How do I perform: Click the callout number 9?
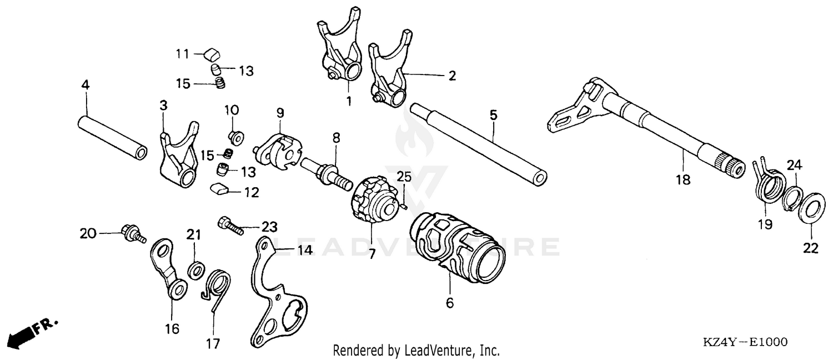coord(280,112)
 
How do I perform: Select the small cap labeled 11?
coord(209,54)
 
